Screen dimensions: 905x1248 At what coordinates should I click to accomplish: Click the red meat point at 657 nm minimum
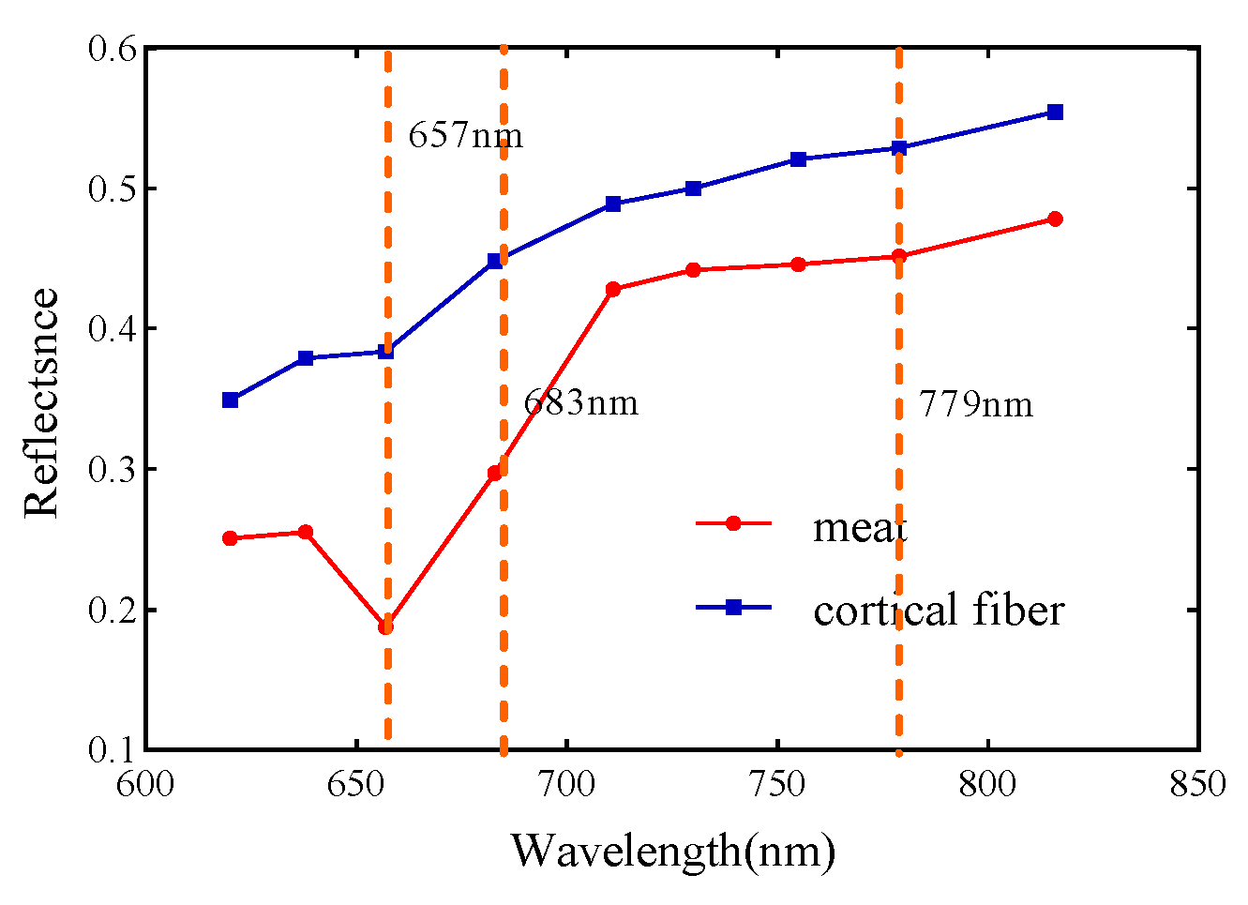[385, 626]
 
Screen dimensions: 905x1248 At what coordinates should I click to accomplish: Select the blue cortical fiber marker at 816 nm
[1055, 113]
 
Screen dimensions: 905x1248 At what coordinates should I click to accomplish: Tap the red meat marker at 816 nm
[1055, 219]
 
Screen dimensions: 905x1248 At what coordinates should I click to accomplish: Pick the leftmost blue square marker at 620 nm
[230, 400]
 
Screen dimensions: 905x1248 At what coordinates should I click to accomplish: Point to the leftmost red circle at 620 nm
[230, 538]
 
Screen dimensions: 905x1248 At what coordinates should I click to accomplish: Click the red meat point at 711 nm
[613, 290]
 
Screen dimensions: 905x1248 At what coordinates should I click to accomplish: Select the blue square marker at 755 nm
[799, 159]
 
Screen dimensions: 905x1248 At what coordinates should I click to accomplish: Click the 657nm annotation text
[465, 136]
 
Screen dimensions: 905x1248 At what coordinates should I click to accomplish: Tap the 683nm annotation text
[580, 403]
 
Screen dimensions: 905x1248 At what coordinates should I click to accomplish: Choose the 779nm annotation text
[975, 404]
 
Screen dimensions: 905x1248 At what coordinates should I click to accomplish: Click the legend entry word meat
[860, 527]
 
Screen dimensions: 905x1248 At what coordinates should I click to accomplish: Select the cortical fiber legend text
[939, 610]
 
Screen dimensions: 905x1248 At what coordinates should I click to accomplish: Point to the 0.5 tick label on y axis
[113, 189]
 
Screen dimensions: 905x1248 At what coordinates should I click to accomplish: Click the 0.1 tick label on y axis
[113, 750]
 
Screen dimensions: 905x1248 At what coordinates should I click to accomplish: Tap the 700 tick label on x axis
[567, 784]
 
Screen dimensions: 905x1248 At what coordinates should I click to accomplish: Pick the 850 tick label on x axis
[1198, 784]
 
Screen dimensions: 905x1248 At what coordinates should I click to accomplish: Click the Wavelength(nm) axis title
[672, 852]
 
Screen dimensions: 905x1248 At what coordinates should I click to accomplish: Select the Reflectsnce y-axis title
[41, 403]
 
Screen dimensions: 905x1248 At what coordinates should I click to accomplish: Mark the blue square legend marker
[734, 608]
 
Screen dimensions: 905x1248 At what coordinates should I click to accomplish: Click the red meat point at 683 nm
[495, 474]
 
